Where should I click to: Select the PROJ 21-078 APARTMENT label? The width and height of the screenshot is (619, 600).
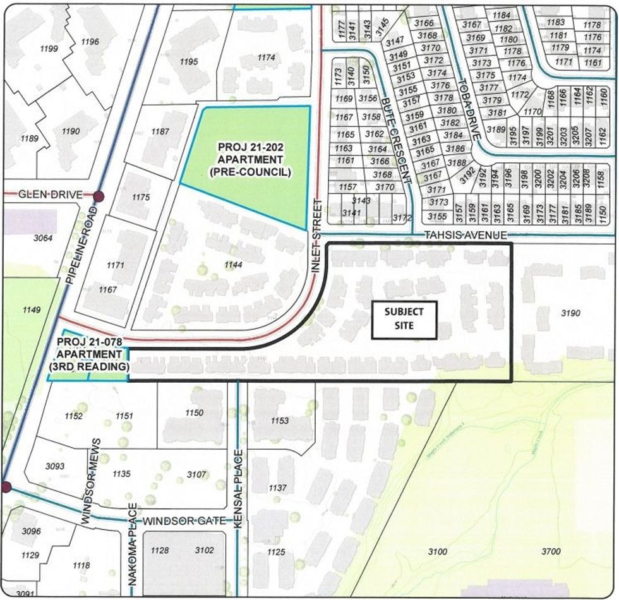(x=89, y=354)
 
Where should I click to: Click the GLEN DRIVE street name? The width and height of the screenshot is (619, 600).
(x=50, y=195)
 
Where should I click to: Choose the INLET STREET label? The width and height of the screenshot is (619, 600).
(x=317, y=236)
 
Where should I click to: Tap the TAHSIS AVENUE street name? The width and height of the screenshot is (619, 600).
(x=466, y=236)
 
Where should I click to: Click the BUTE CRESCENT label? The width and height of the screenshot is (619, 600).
(x=397, y=138)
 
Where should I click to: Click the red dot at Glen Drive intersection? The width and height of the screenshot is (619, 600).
(x=98, y=196)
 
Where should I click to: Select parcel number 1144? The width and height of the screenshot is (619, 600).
(x=233, y=265)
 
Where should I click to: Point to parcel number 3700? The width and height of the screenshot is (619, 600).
(x=551, y=551)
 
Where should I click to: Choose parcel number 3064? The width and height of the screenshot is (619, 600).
(x=44, y=238)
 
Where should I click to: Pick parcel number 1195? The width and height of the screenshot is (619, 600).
(x=189, y=61)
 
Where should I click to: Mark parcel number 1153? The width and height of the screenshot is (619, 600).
(x=279, y=421)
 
